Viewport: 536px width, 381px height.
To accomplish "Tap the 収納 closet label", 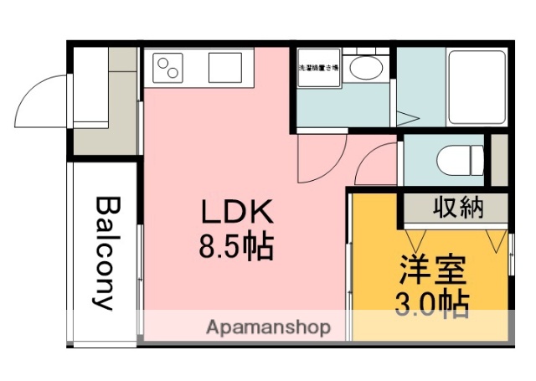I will coord(458,208).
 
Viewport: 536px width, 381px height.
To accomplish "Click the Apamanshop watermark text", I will coord(268,327).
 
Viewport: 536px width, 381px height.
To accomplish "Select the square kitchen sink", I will coord(224,65).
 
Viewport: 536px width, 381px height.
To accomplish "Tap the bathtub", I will coord(477,86).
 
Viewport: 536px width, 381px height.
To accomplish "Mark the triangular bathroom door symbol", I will coord(408,118).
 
